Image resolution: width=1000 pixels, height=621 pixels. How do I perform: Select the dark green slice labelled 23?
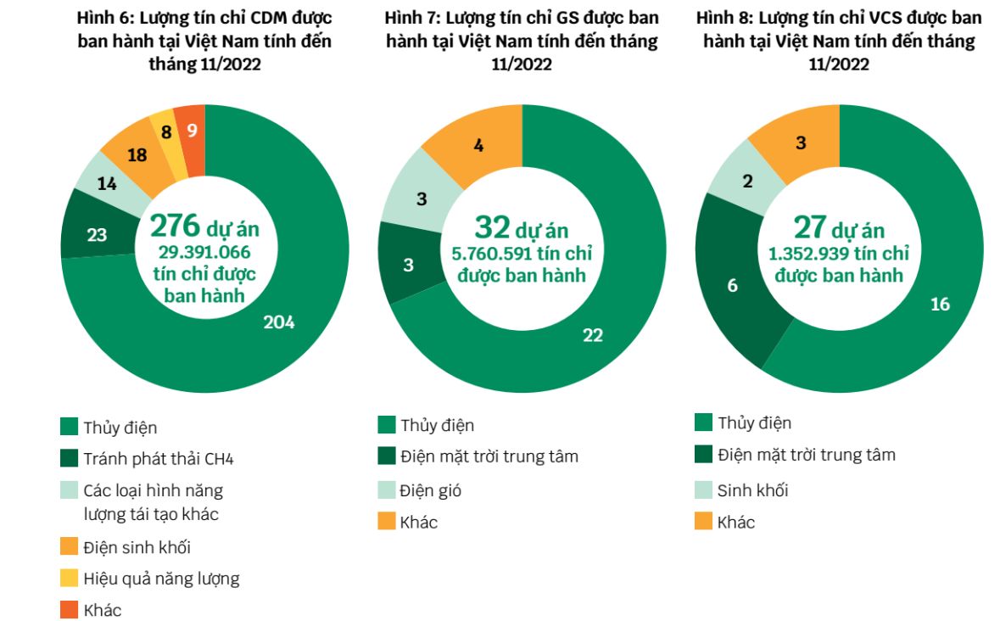click(x=97, y=235)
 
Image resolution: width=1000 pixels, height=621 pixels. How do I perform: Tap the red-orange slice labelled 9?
click(x=192, y=130)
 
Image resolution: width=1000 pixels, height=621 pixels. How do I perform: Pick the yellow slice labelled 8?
click(x=166, y=132)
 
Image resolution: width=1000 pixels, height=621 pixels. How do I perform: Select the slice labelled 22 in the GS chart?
click(x=593, y=334)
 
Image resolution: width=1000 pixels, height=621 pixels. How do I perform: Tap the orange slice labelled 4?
click(x=478, y=145)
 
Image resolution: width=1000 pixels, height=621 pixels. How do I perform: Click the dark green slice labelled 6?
click(x=733, y=285)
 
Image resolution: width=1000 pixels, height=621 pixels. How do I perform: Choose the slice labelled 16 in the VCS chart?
click(x=940, y=304)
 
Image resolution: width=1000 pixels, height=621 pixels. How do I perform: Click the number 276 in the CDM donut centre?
click(x=175, y=226)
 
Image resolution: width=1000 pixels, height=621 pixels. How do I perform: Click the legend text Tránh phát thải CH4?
click(x=158, y=459)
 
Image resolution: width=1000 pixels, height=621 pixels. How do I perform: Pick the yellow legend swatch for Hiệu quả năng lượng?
click(x=70, y=579)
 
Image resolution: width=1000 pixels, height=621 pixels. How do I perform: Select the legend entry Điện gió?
click(x=432, y=490)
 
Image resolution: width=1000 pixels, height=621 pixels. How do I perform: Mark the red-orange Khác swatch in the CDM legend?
click(x=70, y=609)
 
